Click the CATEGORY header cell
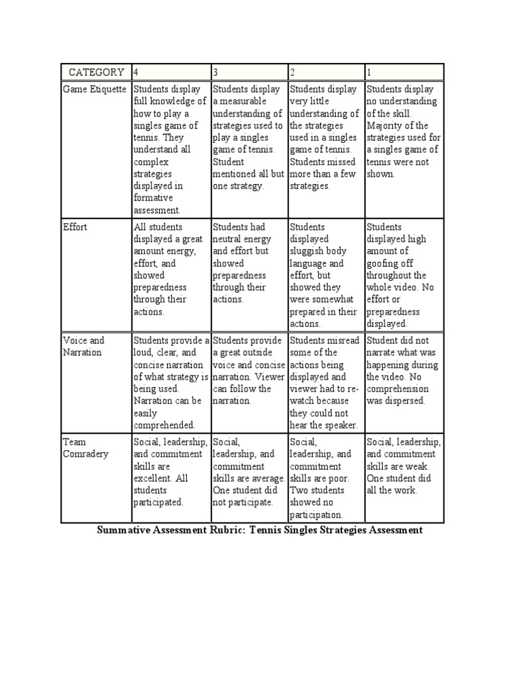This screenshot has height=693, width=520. [95, 72]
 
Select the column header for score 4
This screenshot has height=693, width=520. [171, 72]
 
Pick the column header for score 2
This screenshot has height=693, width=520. [326, 72]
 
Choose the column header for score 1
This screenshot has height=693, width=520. [404, 72]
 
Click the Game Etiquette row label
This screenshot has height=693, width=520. [96, 89]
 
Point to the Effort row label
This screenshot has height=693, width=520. [75, 227]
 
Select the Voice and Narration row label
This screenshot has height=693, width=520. [84, 346]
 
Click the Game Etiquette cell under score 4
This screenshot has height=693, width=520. [171, 150]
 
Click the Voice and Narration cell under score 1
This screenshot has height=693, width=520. [404, 370]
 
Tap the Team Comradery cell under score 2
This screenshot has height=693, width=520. [326, 478]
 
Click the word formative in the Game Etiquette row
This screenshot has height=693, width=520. [154, 198]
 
